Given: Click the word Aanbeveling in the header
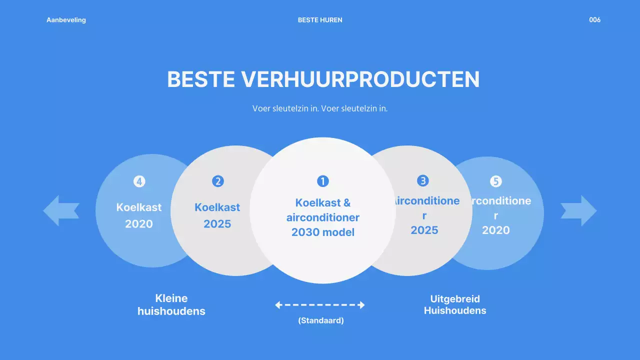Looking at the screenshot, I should coord(66,20).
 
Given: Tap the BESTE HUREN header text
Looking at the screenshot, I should coord(320,20).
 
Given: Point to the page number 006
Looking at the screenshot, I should coord(594,20).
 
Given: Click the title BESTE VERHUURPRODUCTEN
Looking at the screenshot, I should coord(323,79).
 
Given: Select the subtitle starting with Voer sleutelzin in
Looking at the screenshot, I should coord(320,108).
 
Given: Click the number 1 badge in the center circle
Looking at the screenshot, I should coord(323,181).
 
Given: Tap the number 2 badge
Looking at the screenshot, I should coord(217,181).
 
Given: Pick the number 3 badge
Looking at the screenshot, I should coord(423,180).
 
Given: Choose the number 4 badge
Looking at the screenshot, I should coord(139,181).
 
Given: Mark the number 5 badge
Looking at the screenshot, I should coord(495,181).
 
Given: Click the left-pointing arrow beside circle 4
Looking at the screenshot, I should coord(61,210).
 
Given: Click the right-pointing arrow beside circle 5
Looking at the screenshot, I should coord(578,210).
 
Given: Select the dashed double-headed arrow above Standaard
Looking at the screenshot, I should coord(320,305).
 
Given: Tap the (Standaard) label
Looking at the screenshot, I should coord(321,320).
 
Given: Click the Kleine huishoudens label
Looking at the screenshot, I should coord(171,305).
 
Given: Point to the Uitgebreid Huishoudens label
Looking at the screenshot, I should coord(455,305).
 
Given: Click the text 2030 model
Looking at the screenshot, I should coord(323,232).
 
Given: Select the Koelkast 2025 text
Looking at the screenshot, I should coord(217,215).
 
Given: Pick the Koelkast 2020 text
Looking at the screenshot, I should coord(139,215).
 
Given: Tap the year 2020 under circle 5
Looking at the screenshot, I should coord(495,230).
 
